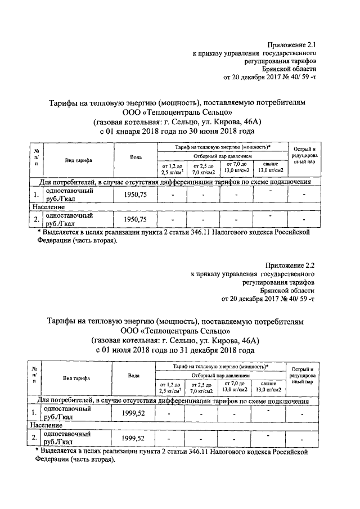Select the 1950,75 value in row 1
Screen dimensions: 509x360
pos(135,195)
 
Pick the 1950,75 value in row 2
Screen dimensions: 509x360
pos(135,219)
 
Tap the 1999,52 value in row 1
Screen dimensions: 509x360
pos(133,413)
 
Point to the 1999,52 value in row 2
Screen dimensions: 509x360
pos(133,438)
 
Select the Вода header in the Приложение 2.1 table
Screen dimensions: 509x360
pos(136,157)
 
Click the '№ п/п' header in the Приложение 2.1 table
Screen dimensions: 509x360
pos(36,157)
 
